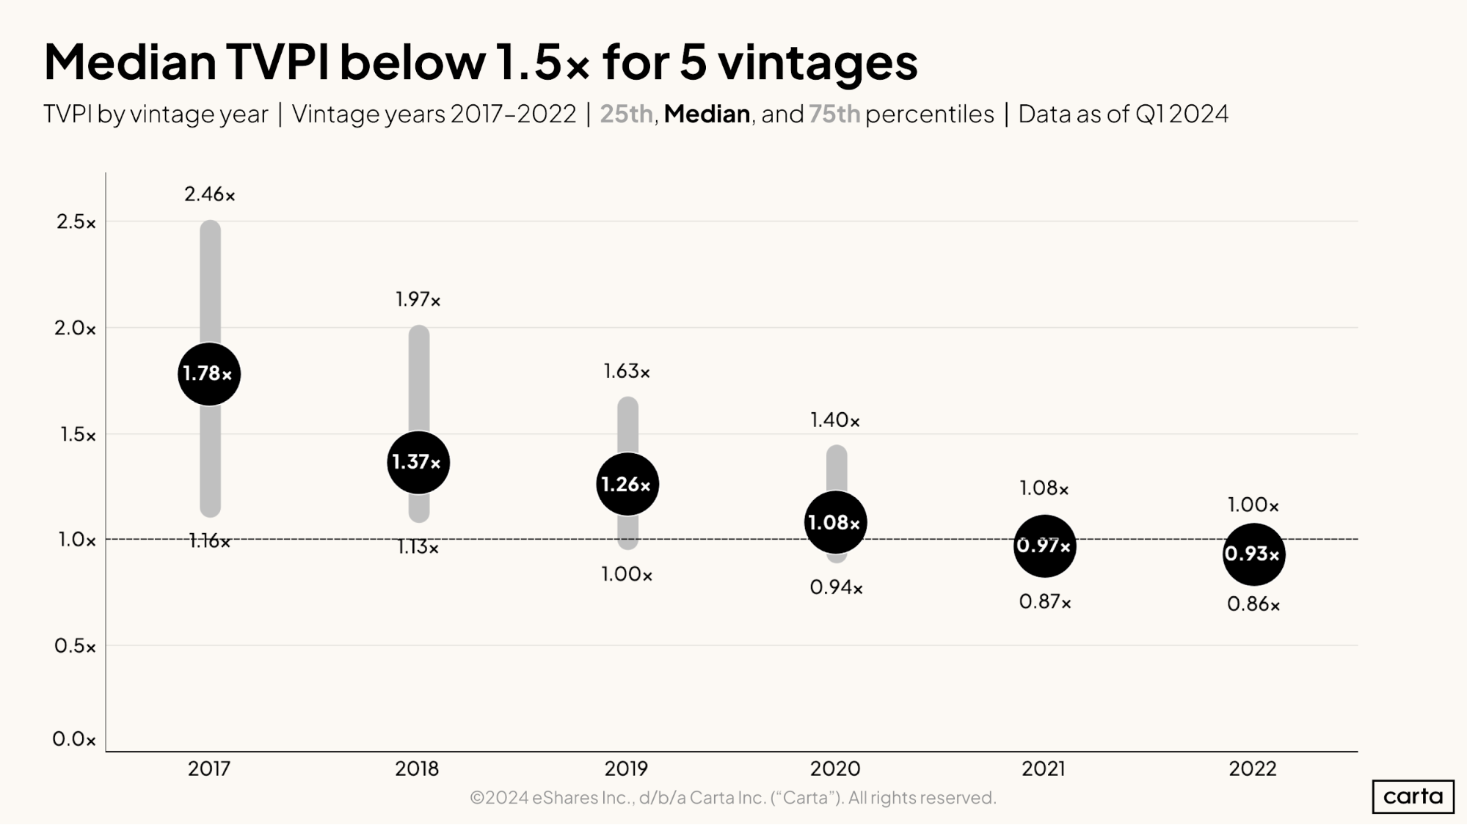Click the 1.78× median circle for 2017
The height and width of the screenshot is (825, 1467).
coord(209,374)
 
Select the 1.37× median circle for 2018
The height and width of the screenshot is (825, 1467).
coord(418,463)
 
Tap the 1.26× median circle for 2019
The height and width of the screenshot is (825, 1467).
coord(627,484)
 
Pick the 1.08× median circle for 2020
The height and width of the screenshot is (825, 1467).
coord(835,522)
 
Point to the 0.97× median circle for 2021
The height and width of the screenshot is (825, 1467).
coord(1044,546)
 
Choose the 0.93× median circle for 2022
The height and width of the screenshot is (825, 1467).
coord(1253,554)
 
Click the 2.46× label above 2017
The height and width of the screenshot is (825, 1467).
coord(210,194)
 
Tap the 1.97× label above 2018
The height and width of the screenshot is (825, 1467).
coord(418,299)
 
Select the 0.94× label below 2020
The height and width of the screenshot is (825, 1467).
coord(836,587)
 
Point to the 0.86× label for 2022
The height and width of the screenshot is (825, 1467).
coord(1253,605)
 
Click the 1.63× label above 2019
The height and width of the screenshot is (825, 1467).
coord(627,372)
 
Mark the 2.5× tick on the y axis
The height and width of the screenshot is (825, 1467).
coord(76,222)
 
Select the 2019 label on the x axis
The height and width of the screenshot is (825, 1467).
coord(626,769)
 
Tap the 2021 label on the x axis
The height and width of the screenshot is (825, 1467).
coord(1044,769)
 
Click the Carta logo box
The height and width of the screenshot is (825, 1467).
coord(1413,796)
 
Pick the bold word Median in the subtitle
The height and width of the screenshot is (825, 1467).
coord(707,114)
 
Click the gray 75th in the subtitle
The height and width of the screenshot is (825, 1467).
coord(834,114)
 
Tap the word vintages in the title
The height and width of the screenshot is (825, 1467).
coord(818,62)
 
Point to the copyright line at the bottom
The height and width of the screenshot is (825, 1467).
coord(732,797)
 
